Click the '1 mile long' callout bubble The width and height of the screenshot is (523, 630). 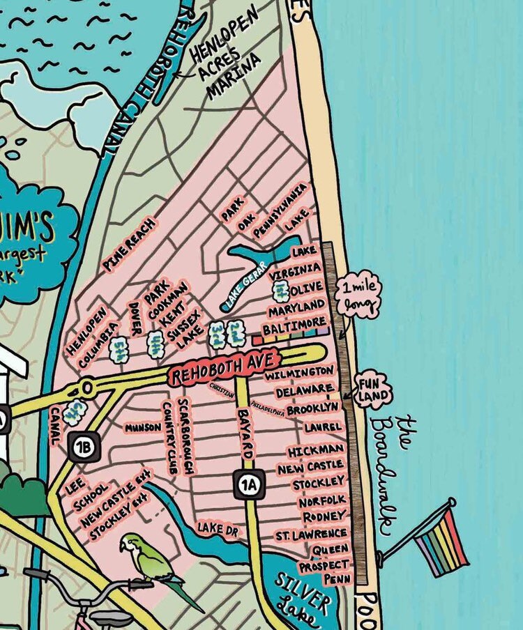(358, 297)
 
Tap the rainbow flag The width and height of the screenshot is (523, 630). (441, 540)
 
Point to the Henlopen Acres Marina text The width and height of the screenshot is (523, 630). (225, 53)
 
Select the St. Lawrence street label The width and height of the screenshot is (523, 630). (310, 534)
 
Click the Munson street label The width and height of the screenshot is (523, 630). (143, 427)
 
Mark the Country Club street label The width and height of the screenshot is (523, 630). (169, 438)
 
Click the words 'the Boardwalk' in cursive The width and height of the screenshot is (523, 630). (394, 474)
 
